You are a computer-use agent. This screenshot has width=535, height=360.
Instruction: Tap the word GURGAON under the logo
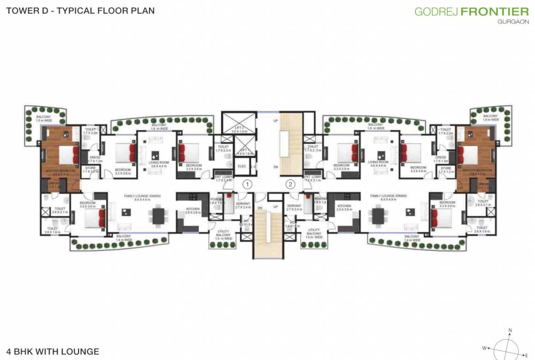click(x=513, y=22)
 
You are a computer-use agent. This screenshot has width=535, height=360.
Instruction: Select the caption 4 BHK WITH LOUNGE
click(x=52, y=351)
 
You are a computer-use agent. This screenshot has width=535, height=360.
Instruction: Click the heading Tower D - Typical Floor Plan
click(x=80, y=10)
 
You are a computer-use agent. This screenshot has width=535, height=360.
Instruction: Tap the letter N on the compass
click(x=510, y=330)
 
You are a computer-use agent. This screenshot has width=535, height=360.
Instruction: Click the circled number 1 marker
click(x=248, y=184)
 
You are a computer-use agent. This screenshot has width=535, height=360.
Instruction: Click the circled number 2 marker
click(x=290, y=184)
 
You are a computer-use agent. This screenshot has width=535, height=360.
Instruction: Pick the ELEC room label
click(x=242, y=166)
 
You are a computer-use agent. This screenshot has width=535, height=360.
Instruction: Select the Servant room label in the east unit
click(x=294, y=206)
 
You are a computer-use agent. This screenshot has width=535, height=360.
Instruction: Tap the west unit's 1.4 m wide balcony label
click(x=124, y=238)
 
